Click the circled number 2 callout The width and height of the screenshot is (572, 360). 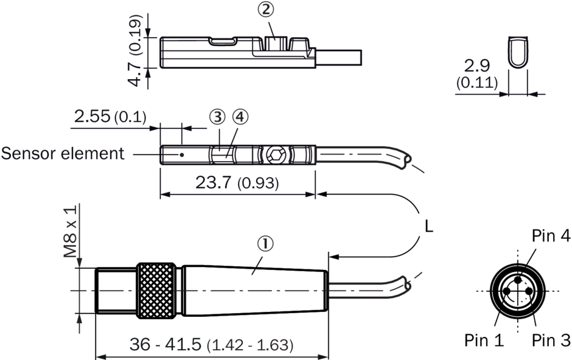[x=267, y=10]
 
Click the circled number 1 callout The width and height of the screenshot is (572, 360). [x=265, y=244]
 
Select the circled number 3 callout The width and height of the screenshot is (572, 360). [x=217, y=117]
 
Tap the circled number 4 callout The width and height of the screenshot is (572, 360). [x=240, y=117]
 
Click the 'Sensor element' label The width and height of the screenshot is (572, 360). [x=63, y=153]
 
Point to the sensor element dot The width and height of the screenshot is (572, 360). [x=182, y=155]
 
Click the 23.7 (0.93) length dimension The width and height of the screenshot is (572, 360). [x=237, y=182]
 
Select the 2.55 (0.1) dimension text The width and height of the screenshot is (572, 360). [x=110, y=116]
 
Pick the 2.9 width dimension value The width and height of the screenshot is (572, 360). [x=476, y=66]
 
